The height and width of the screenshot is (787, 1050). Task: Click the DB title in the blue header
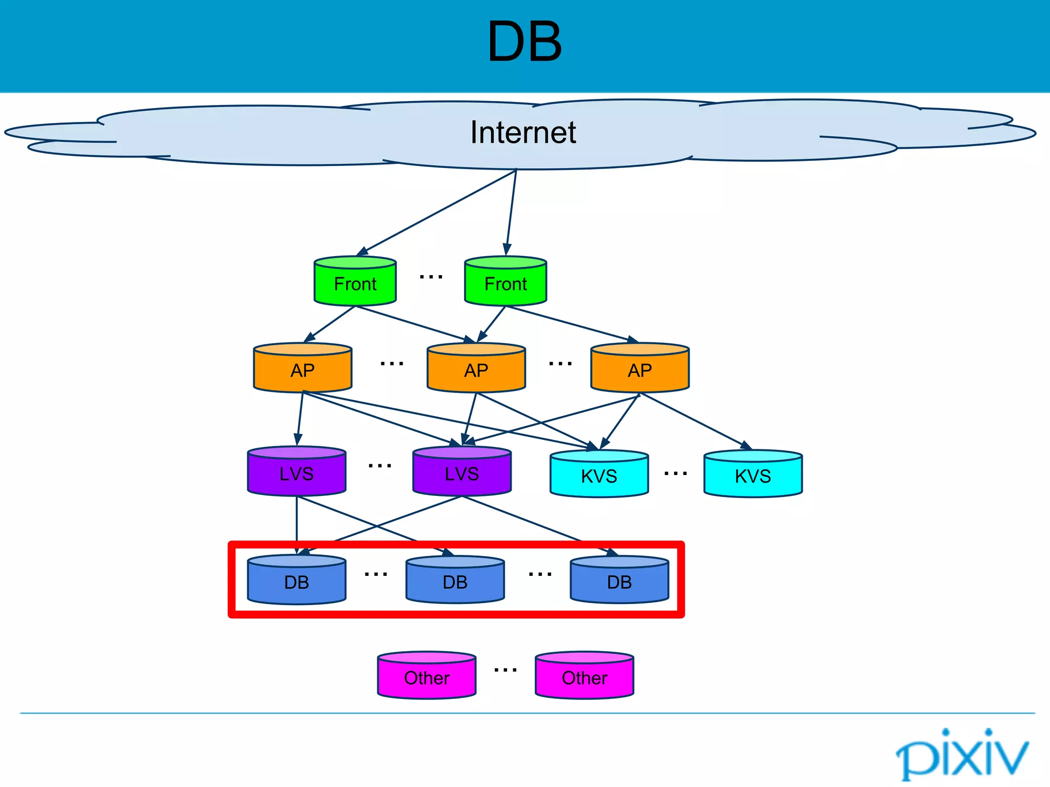tap(524, 42)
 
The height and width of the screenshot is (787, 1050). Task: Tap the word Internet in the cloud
tap(523, 133)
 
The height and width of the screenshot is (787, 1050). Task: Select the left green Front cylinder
tap(355, 281)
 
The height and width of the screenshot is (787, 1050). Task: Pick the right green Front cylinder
tap(506, 281)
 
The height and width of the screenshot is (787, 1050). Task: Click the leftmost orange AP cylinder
tap(302, 368)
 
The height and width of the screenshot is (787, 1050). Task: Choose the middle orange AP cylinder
tap(476, 368)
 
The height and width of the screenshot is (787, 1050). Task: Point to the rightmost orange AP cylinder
tap(640, 368)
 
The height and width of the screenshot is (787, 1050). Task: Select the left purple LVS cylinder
tap(297, 471)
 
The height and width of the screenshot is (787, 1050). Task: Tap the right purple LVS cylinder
tap(462, 471)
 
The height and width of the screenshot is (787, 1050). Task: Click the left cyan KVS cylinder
tap(599, 474)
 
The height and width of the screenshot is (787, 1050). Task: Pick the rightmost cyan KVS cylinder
tap(753, 474)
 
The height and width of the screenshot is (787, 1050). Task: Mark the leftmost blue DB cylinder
tap(297, 580)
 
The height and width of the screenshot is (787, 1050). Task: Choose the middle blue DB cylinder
tap(455, 580)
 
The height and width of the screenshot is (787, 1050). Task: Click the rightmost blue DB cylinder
tap(619, 580)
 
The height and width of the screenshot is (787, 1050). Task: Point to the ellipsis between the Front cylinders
tap(431, 277)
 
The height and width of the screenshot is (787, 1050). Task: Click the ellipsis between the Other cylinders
tap(506, 670)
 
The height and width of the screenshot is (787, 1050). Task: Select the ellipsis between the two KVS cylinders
tap(675, 474)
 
